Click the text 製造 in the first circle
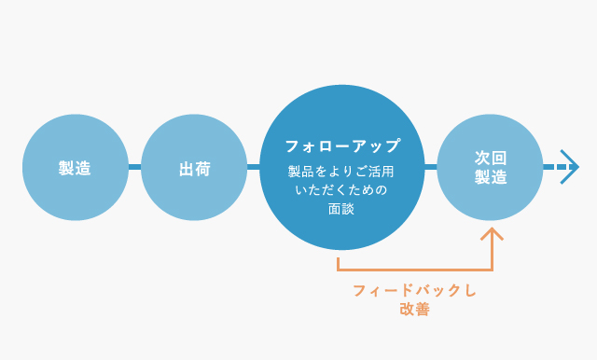(x=75, y=168)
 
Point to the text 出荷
(x=194, y=168)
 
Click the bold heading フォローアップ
(x=341, y=146)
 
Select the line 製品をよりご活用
(x=341, y=172)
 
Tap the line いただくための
(x=341, y=190)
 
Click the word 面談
(x=341, y=209)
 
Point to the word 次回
(x=491, y=159)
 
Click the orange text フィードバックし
(x=415, y=291)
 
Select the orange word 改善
(x=415, y=310)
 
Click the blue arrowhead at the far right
(x=570, y=167)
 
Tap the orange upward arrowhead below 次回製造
(x=491, y=233)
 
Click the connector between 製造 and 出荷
(x=134, y=167)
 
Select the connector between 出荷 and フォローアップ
(x=253, y=167)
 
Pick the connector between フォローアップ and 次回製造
(x=430, y=167)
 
